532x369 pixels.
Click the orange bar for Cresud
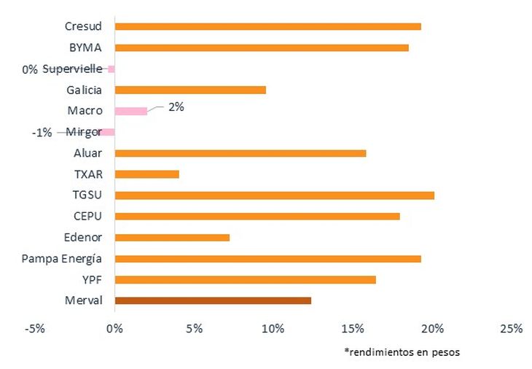click(x=268, y=26)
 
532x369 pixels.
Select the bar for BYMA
click(x=262, y=47)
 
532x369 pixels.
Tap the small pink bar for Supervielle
click(x=112, y=69)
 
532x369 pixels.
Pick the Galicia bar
click(x=190, y=90)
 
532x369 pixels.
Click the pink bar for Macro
click(x=131, y=111)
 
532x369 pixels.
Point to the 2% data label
click(x=176, y=107)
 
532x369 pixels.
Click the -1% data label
click(x=42, y=133)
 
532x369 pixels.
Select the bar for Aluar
click(x=240, y=153)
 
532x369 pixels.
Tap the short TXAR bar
click(x=147, y=174)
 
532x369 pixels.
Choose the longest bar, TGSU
click(x=275, y=195)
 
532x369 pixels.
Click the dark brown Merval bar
click(x=213, y=300)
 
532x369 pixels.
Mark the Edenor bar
click(x=172, y=238)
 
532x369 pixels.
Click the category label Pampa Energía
click(x=61, y=259)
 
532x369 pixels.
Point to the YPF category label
click(x=92, y=280)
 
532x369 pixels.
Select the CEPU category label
click(x=87, y=217)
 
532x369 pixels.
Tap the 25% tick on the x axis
click(x=512, y=329)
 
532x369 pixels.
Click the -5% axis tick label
click(x=34, y=329)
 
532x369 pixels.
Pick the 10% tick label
click(x=273, y=329)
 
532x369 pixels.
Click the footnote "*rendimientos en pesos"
click(x=402, y=352)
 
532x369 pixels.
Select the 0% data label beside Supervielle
click(x=30, y=69)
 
